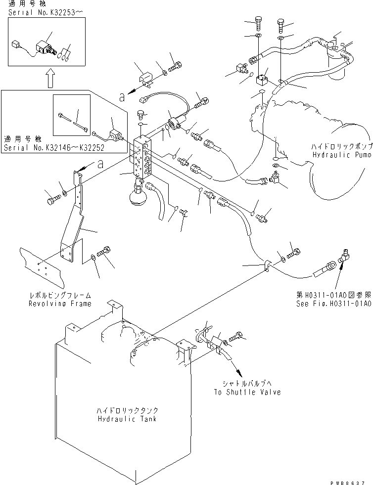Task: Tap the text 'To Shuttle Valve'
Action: coord(247,392)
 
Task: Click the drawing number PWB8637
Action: coord(349,480)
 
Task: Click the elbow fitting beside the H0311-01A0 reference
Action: coord(341,258)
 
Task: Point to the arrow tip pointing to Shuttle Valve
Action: coord(240,376)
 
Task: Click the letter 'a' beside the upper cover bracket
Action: coord(121,97)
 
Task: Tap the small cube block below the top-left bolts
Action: coord(262,80)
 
